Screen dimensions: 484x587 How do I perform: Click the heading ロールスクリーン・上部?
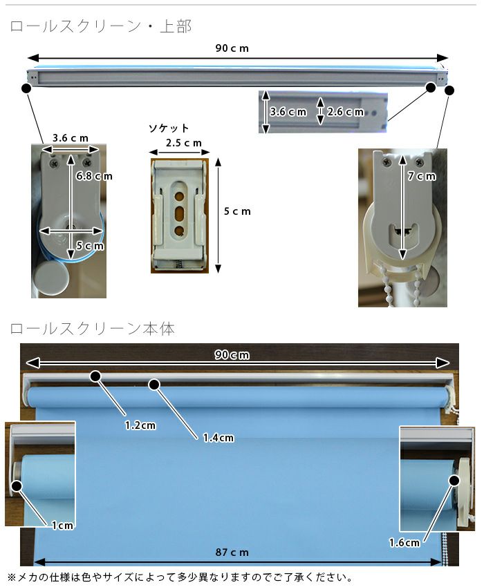coord(101,26)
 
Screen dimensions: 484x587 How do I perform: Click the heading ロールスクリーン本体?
coord(92,329)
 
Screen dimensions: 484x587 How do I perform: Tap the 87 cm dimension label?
coord(232,552)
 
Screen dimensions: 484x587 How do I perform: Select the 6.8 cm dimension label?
coord(94,176)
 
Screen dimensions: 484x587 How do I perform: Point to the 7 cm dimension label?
coord(422,176)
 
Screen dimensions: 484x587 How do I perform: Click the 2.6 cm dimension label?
coord(345,112)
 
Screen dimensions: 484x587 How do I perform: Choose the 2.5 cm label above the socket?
coord(184,143)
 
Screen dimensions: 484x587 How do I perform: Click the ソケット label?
coord(169,128)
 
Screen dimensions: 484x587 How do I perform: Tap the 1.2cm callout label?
coord(140,425)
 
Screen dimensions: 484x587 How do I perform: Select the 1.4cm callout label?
coord(218,438)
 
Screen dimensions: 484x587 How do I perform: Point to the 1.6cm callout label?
coord(404,542)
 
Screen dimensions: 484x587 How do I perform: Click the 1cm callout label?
coord(63,526)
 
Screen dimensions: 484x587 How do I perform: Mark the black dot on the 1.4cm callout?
coord(154,384)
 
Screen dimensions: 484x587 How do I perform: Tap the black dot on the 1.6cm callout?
coord(454,481)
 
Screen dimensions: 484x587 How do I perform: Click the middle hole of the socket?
coord(180,213)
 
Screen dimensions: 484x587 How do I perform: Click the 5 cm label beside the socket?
coord(237,211)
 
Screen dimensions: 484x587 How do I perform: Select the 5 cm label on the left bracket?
coord(90,246)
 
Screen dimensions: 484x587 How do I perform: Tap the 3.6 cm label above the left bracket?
coord(71,138)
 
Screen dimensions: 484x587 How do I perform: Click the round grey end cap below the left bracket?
coord(50,278)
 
